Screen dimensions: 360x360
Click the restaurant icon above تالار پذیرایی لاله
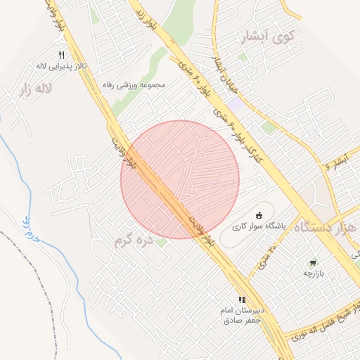[61, 55]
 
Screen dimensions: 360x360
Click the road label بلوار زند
[147, 15]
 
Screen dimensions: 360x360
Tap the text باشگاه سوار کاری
[259, 226]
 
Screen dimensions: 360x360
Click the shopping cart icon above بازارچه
[312, 262]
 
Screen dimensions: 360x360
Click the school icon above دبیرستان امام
[242, 299]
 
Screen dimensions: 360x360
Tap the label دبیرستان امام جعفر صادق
[241, 314]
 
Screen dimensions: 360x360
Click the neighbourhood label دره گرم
[133, 240]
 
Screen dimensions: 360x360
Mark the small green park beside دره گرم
[161, 243]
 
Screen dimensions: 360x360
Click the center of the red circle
[180, 179]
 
